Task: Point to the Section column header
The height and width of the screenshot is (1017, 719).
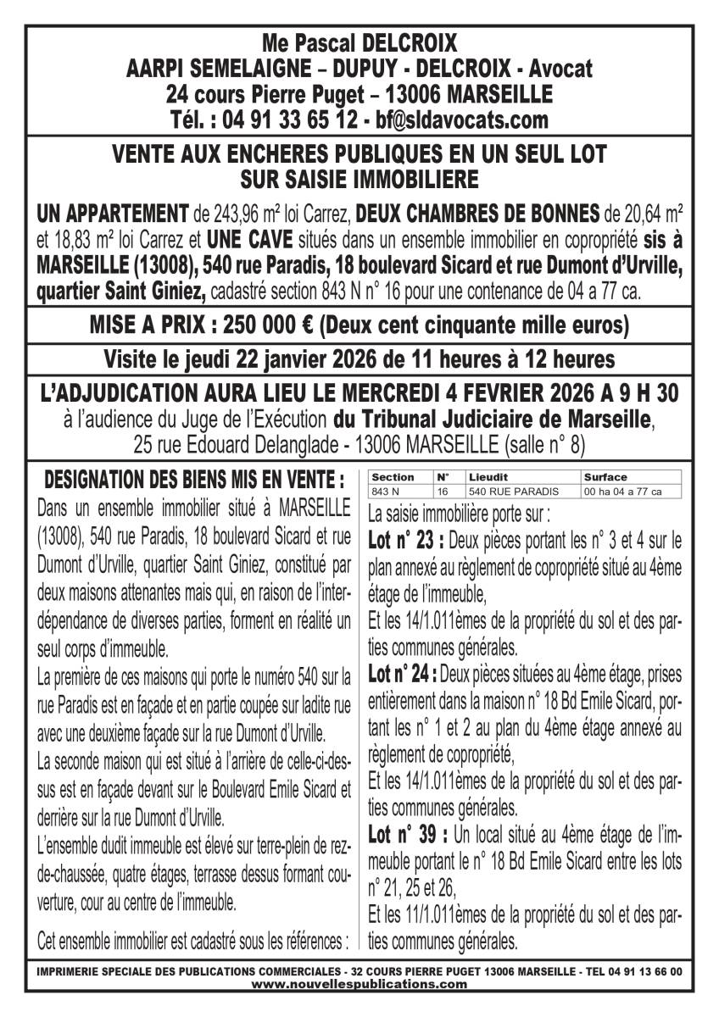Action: point(393,477)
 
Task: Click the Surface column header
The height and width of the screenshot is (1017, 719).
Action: point(605,477)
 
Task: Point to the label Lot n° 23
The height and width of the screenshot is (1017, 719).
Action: point(405,540)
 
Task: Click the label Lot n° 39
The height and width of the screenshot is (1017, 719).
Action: point(405,835)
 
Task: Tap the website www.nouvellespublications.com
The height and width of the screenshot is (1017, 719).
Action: point(359,985)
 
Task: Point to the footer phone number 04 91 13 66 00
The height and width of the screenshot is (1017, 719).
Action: point(649,972)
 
